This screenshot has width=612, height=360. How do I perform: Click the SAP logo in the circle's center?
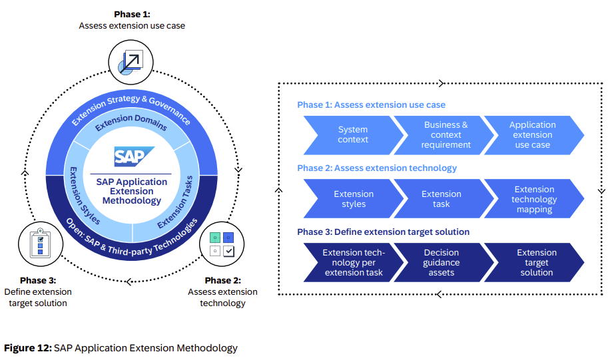[x=131, y=156]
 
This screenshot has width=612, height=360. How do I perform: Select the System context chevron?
[x=352, y=135]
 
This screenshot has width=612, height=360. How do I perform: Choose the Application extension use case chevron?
[x=532, y=135]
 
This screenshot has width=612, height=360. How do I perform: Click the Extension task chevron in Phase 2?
[x=441, y=199]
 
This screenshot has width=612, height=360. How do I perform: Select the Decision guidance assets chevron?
[x=441, y=263]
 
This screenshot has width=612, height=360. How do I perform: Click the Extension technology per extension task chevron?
[x=352, y=263]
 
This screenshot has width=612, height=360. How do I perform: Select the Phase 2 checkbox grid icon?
[x=222, y=243]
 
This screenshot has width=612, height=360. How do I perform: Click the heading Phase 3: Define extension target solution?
[x=383, y=232]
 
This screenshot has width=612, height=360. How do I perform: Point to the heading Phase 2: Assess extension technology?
[x=377, y=168]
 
